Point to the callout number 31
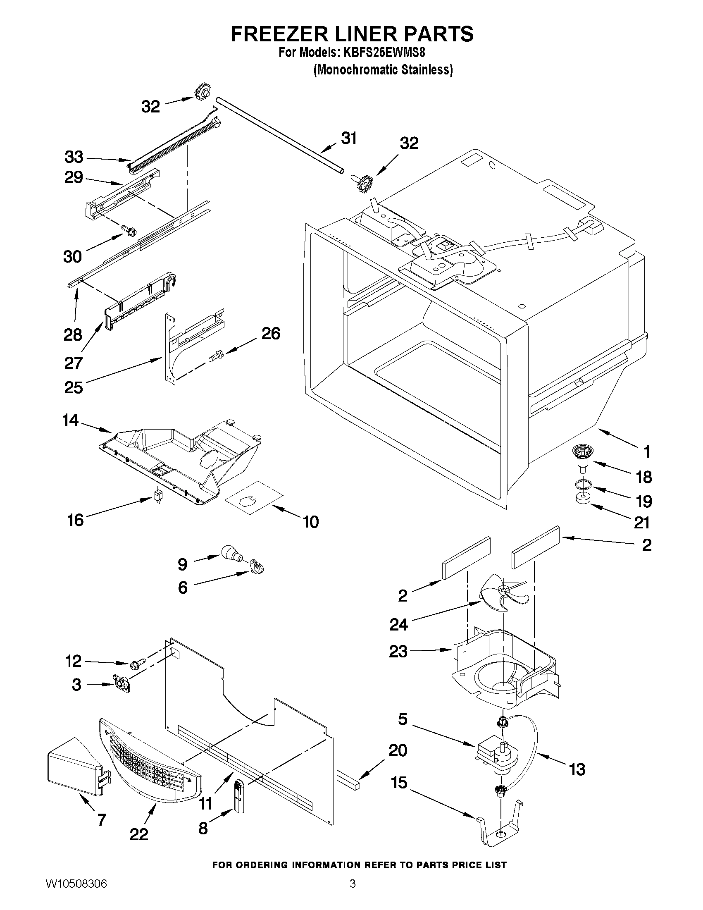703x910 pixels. [348, 138]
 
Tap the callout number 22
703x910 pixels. [139, 846]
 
